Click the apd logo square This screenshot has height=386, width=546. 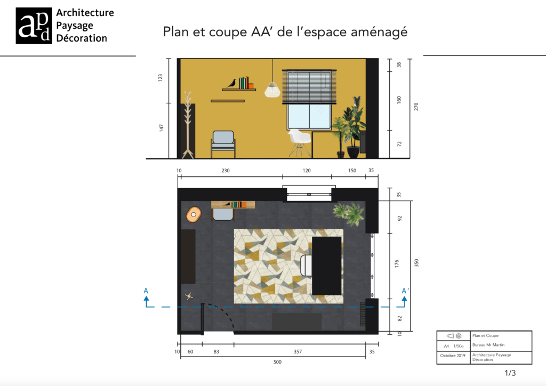coord(34,26)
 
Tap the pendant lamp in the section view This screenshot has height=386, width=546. coord(272,89)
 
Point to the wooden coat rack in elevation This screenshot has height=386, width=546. coord(188,125)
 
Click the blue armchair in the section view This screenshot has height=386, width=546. coord(223,143)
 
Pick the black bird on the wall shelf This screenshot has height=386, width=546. coord(231,83)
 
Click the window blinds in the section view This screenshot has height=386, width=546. coord(310,86)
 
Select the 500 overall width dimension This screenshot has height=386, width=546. coord(277,362)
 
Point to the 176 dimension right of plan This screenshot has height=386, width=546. coord(397,265)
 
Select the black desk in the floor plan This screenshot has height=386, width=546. coord(326,266)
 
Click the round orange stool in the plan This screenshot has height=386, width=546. coord(194,215)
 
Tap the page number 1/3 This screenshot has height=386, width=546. coord(510,373)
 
